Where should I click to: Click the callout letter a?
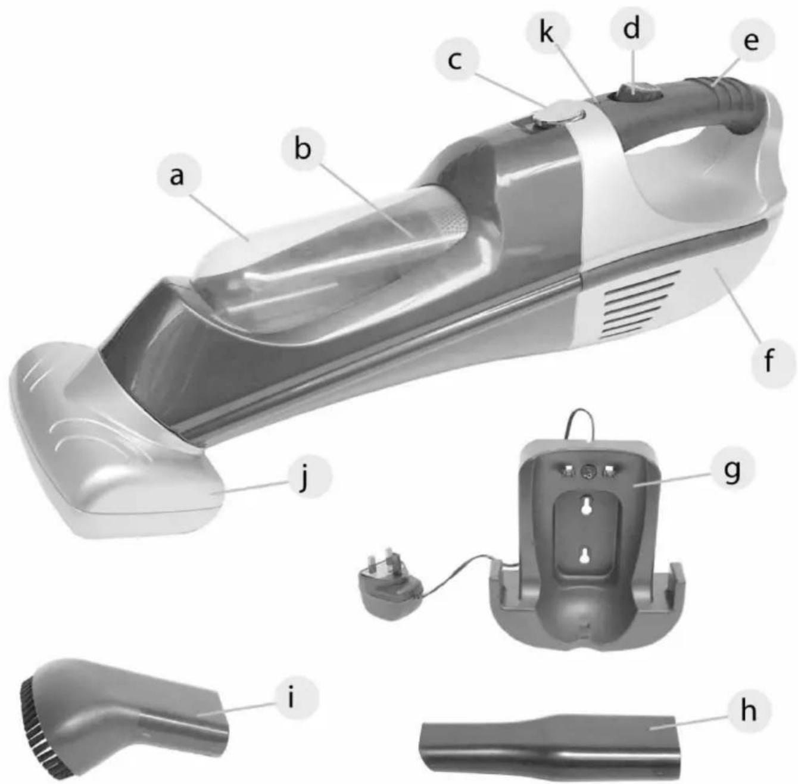coord(177,177)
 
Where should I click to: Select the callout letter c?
coord(455,62)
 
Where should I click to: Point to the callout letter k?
coord(547,31)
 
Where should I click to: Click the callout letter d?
coord(631,28)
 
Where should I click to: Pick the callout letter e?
coord(751,41)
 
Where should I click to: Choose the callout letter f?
coord(769,360)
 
